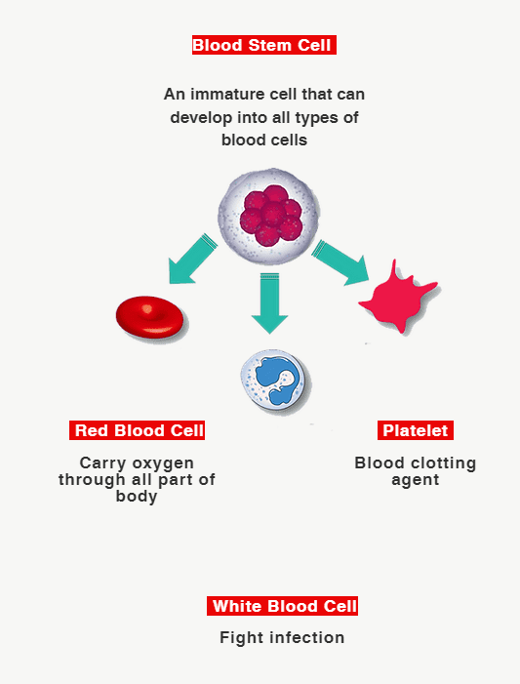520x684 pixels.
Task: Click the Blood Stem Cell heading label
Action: pos(264,45)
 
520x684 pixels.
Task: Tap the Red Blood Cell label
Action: pos(137,430)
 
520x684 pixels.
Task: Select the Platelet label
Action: pos(416,430)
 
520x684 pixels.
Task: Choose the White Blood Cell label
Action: pos(282,606)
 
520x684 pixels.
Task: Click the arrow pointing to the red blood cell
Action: pos(192,260)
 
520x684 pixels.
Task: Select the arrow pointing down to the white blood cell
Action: pos(269,303)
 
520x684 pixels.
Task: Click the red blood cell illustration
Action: pos(149,317)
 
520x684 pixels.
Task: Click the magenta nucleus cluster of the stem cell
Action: pos(271,215)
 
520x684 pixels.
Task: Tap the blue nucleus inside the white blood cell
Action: pos(278,379)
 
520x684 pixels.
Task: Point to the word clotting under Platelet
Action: pos(443,463)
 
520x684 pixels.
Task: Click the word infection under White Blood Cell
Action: pos(307,637)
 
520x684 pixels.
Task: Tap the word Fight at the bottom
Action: pos(242,638)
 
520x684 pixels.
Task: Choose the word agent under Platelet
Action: pos(416,480)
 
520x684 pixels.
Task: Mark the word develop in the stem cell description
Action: pos(201,118)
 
